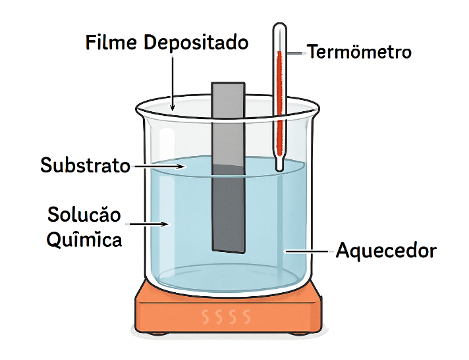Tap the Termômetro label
click(359, 51)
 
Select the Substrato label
click(86, 165)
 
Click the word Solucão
click(84, 215)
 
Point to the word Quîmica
click(84, 240)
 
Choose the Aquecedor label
click(386, 251)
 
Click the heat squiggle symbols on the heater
click(227, 317)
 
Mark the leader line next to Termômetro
click(295, 51)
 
